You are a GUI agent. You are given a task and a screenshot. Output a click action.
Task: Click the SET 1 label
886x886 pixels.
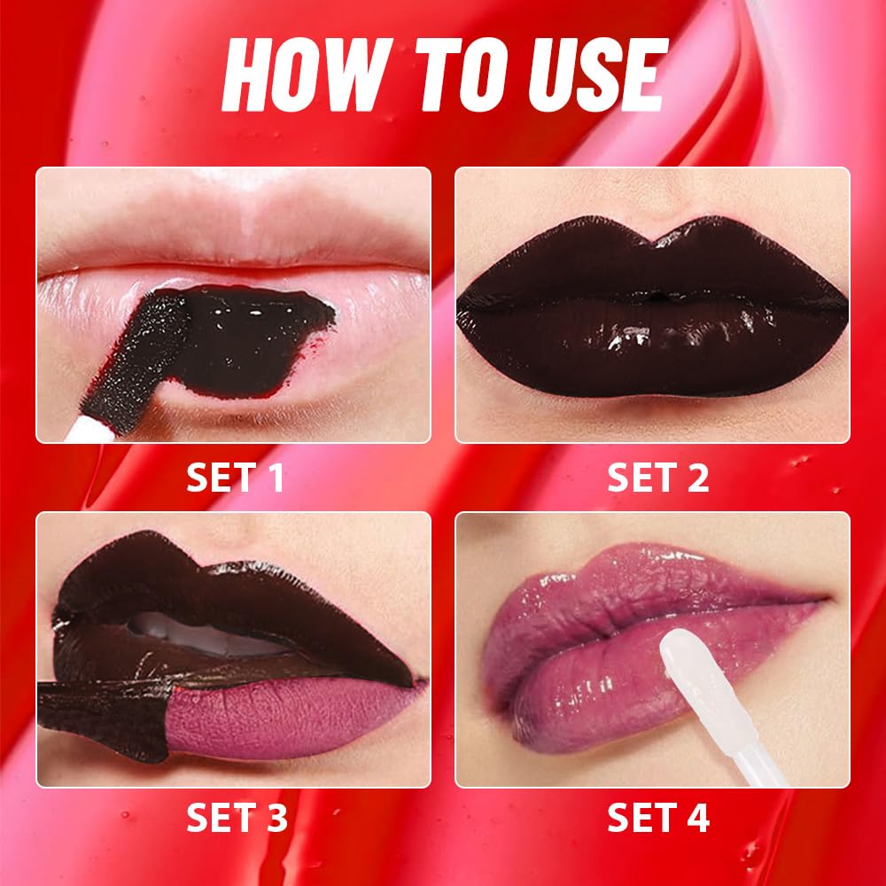coord(235,478)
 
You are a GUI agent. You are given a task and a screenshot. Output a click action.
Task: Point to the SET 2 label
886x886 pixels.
coord(657,478)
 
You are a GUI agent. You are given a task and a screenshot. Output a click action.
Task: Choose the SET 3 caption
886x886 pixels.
coord(237,818)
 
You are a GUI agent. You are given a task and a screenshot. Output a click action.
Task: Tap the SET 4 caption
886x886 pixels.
coord(657,818)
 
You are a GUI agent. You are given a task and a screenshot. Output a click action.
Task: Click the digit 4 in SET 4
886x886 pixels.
coord(698,818)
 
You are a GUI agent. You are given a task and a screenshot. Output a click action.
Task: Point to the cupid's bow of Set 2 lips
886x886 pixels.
coord(653,232)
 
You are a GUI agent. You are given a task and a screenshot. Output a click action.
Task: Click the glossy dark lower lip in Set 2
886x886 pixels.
coord(653,350)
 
